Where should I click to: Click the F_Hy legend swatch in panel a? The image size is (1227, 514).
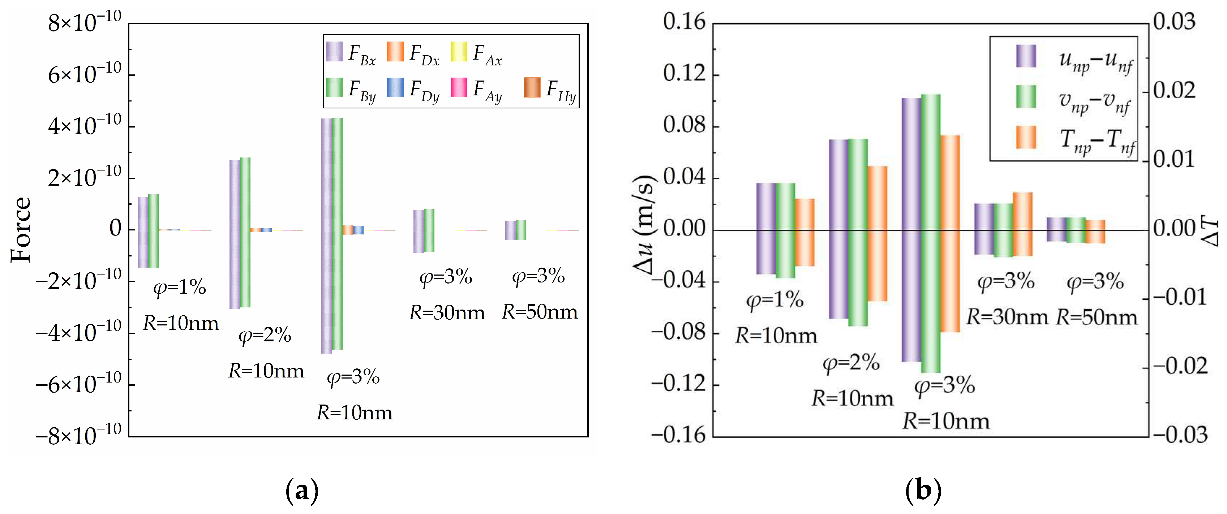coord(532,87)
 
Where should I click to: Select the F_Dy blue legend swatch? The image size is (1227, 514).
coord(395,87)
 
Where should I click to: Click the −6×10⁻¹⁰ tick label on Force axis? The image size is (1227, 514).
coord(78,384)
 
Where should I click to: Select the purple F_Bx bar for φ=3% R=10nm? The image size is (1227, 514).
coord(326,236)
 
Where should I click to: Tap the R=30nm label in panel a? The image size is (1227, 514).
coord(447,313)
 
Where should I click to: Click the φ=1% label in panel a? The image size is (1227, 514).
coord(179,287)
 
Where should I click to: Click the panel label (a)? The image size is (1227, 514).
coord(301,491)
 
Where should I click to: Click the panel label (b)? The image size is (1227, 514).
coord(923,491)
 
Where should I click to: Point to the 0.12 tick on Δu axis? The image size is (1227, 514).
coord(684,74)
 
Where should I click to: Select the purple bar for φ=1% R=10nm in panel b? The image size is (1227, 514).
coord(766,228)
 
